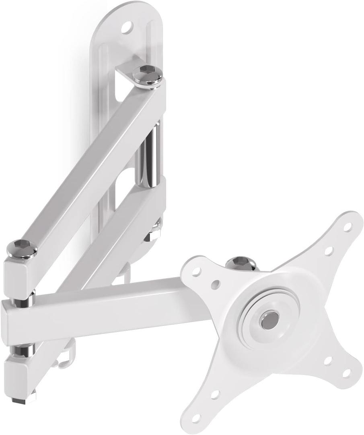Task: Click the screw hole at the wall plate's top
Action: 128,28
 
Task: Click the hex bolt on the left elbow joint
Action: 22,247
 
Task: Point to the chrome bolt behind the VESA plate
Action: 241,264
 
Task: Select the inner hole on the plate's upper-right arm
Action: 329,251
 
